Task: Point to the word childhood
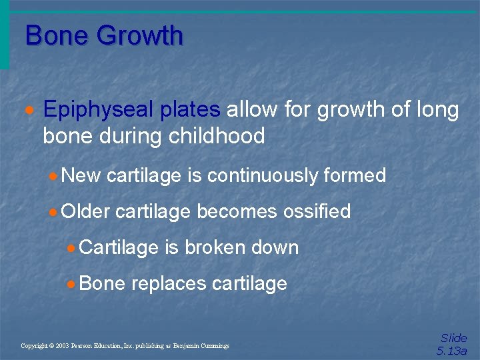(x=217, y=136)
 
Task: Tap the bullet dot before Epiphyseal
(x=29, y=110)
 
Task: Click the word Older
(x=85, y=211)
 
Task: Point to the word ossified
(x=317, y=211)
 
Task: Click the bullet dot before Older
(x=54, y=212)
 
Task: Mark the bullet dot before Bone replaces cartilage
(x=72, y=284)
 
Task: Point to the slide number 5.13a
(x=452, y=351)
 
